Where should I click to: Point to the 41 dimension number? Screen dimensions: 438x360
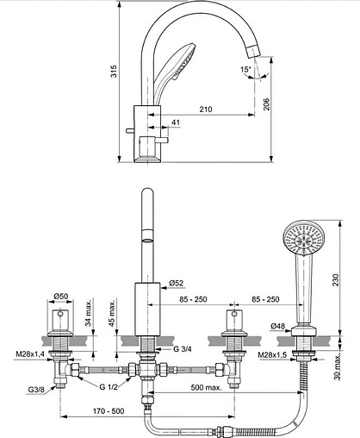click(x=174, y=123)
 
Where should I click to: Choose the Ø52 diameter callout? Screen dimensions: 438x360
click(x=177, y=283)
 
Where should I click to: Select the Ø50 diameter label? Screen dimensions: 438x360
click(x=62, y=297)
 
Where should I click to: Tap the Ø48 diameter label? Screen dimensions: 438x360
click(x=278, y=325)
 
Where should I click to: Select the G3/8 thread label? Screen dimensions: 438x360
click(x=35, y=390)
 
